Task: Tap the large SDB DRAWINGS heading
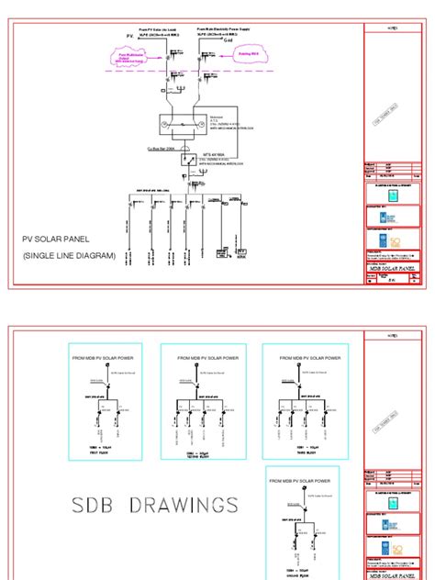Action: tap(155, 505)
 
